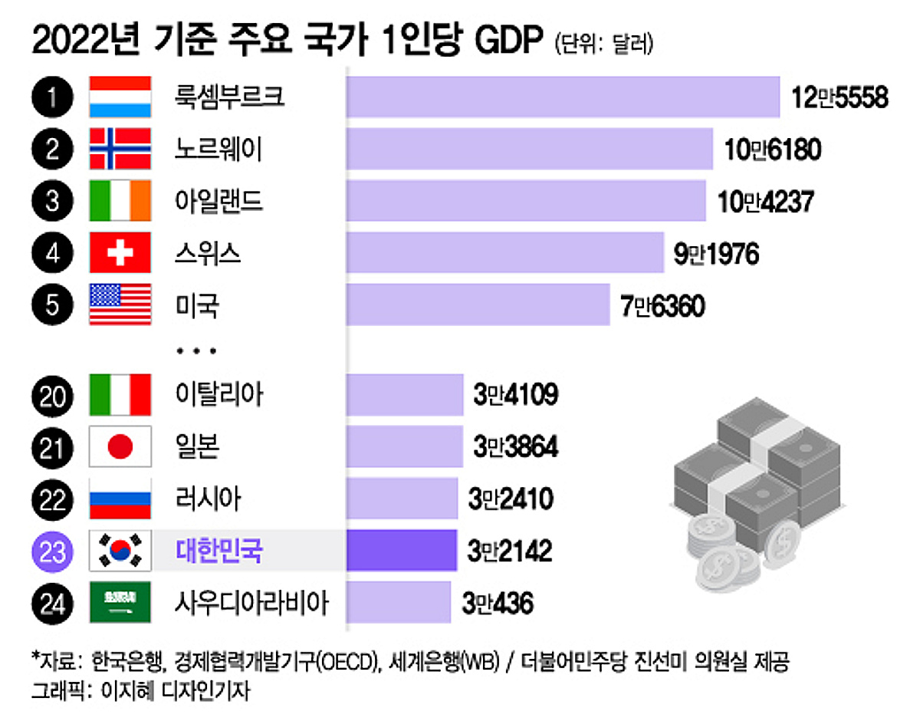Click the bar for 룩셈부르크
point(563,97)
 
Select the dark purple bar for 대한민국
point(402,550)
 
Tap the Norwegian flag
point(120,149)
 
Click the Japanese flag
point(120,446)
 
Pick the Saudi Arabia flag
point(120,603)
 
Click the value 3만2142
point(509,551)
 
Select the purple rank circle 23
point(53,551)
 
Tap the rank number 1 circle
point(53,97)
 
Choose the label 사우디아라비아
point(251,604)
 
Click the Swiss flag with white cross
point(120,254)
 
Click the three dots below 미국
point(196,351)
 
